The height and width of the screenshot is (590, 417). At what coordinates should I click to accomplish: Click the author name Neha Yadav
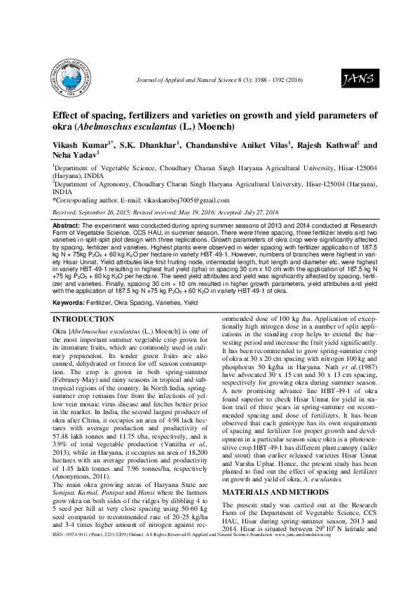coord(74,157)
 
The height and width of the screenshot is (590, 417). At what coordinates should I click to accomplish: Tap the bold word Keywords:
coord(69,302)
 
